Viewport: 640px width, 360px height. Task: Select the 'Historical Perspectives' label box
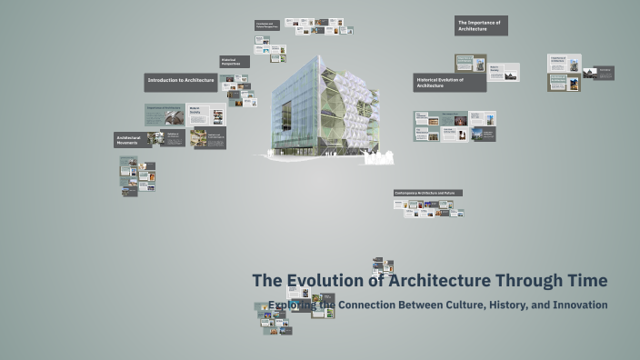[235, 62]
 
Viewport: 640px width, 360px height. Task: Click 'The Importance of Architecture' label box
[481, 25]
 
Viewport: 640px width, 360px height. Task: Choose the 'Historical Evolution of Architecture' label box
[449, 83]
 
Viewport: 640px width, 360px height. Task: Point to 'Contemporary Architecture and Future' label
[427, 193]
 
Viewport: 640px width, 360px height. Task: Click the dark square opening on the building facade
[286, 115]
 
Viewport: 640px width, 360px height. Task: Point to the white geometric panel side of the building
[350, 105]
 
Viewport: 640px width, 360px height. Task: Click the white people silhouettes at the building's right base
[378, 159]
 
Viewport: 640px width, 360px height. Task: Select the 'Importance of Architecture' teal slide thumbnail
[165, 115]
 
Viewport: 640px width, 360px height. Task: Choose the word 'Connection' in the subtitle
[371, 305]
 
